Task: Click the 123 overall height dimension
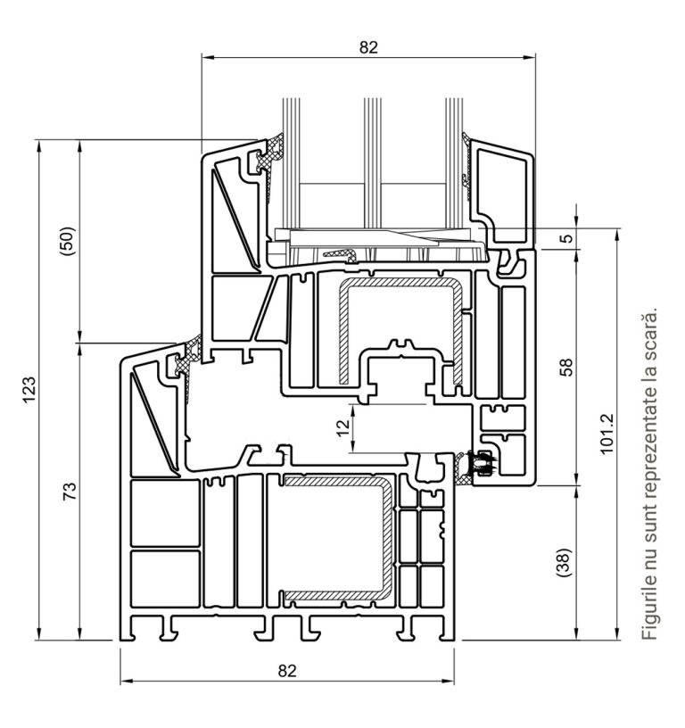tap(29, 390)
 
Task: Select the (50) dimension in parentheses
tap(67, 241)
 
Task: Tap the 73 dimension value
tap(70, 492)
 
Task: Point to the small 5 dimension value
tap(566, 238)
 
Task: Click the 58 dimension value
tap(566, 367)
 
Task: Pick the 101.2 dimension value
tap(607, 434)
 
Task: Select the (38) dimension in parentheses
tap(564, 563)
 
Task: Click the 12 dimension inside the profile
tap(343, 427)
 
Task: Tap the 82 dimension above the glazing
tap(368, 47)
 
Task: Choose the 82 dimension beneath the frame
tap(287, 671)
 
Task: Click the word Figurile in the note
tap(649, 608)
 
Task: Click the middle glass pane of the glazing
tap(373, 162)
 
